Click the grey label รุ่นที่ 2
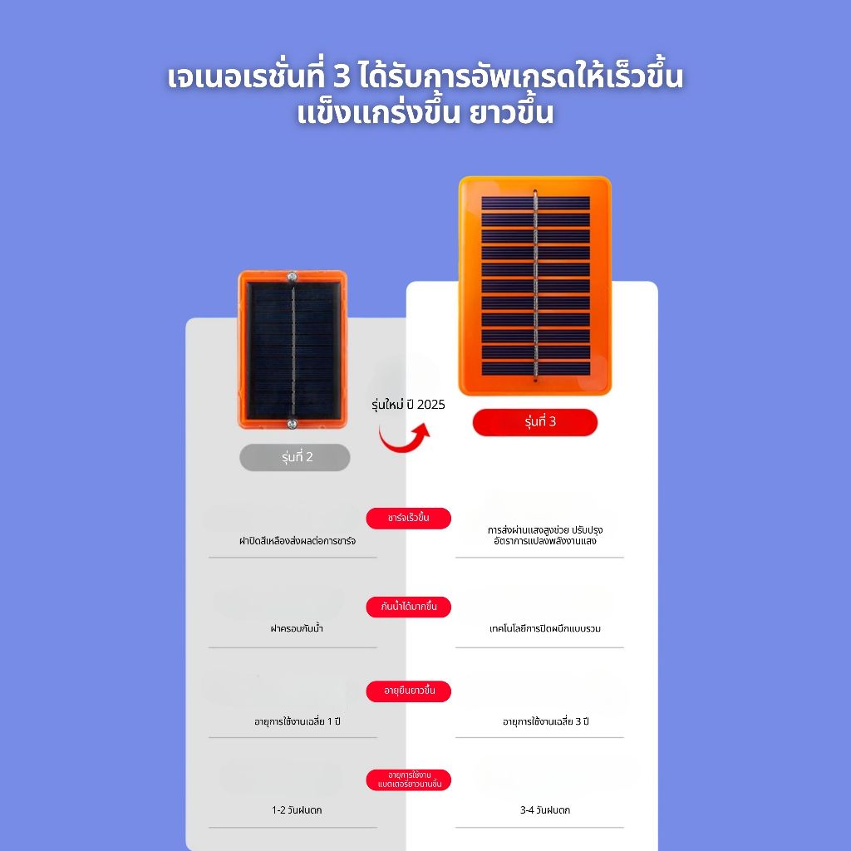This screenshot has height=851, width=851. [295, 457]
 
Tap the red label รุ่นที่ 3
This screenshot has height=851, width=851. [535, 422]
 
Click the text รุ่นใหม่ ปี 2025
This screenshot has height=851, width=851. [408, 405]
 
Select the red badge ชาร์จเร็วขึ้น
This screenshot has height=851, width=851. [409, 519]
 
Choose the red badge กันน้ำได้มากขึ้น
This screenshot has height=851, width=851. [409, 607]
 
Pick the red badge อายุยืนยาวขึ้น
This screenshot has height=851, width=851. [409, 691]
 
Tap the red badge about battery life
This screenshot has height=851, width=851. [409, 780]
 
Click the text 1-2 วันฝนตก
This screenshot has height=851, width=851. [297, 809]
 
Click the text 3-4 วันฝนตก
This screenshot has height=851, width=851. [545, 809]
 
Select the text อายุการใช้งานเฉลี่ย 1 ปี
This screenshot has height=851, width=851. [298, 721]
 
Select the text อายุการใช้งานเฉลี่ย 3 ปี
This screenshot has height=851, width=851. [545, 721]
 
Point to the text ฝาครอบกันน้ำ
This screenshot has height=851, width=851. [297, 628]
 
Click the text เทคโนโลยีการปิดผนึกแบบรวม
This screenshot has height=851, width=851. [545, 628]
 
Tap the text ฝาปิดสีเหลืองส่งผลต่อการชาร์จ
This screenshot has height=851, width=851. [298, 540]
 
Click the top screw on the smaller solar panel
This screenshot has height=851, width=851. [292, 277]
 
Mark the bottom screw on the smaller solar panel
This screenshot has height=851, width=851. [292, 423]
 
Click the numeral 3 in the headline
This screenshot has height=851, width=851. [342, 77]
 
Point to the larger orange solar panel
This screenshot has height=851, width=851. [535, 286]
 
